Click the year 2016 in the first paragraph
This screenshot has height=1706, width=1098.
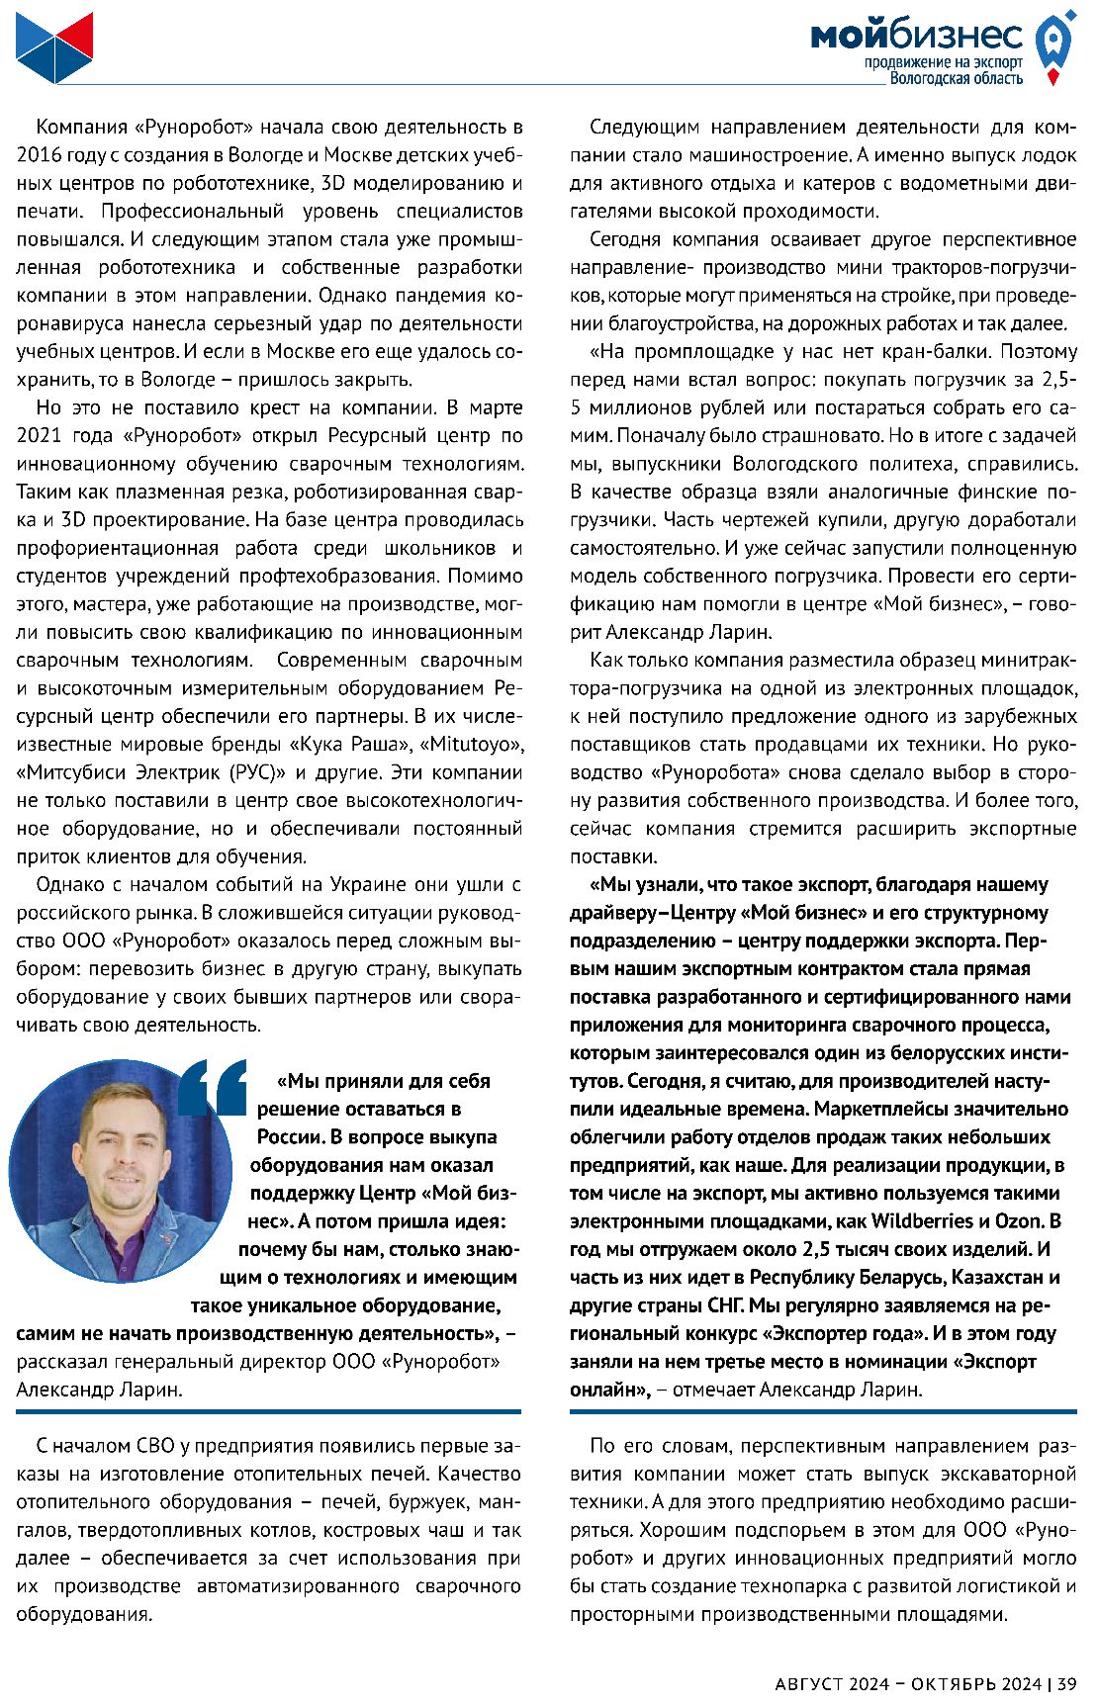(x=39, y=155)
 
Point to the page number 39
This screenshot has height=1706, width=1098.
(x=1066, y=1682)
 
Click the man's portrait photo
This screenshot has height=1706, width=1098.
(x=120, y=1171)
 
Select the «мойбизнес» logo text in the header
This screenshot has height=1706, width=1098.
(x=916, y=37)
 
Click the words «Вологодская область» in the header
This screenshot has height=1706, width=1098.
(x=956, y=78)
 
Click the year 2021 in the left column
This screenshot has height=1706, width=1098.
(x=39, y=435)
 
